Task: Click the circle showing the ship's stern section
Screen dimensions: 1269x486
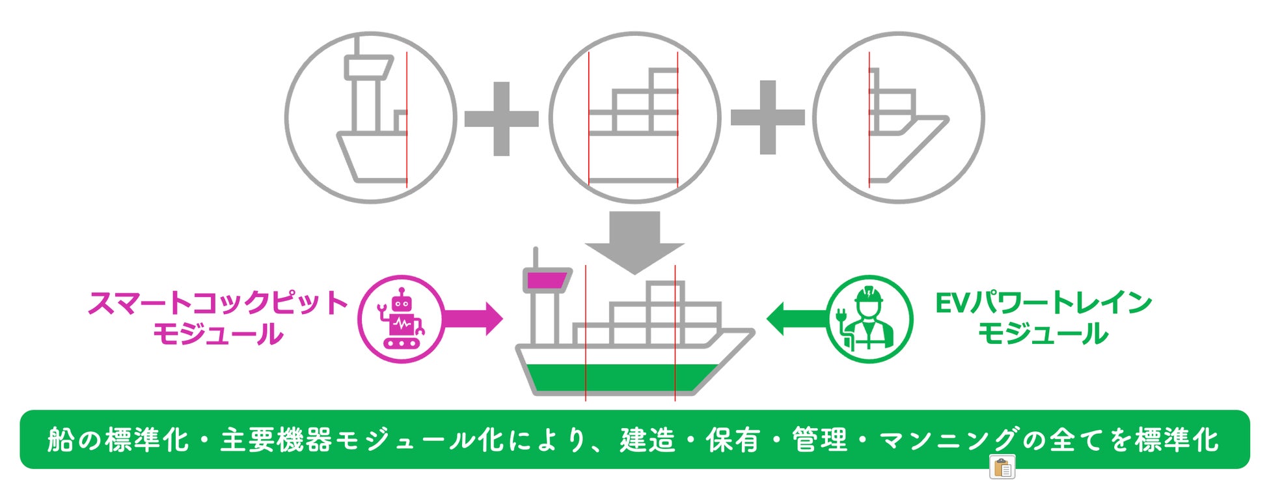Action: [x=370, y=118]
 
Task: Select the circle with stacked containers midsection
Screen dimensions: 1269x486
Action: [x=634, y=118]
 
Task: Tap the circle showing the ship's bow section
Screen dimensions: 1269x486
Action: [x=898, y=118]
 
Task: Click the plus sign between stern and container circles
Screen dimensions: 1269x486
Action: [x=501, y=119]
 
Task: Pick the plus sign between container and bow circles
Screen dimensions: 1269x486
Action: [x=768, y=118]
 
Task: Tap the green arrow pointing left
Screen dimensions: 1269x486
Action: [x=795, y=319]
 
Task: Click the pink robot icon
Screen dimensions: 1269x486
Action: [x=401, y=319]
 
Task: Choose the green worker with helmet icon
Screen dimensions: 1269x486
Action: [x=869, y=319]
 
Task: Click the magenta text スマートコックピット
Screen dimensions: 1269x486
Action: [x=217, y=303]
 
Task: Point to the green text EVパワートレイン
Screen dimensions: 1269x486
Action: [x=1043, y=303]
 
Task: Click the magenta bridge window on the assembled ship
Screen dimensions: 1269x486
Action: [x=547, y=281]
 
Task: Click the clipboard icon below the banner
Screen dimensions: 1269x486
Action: [x=1002, y=468]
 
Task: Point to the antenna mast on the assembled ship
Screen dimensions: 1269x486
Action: [x=536, y=258]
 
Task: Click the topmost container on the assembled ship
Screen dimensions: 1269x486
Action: [x=665, y=293]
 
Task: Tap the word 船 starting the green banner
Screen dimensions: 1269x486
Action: [x=59, y=440]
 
